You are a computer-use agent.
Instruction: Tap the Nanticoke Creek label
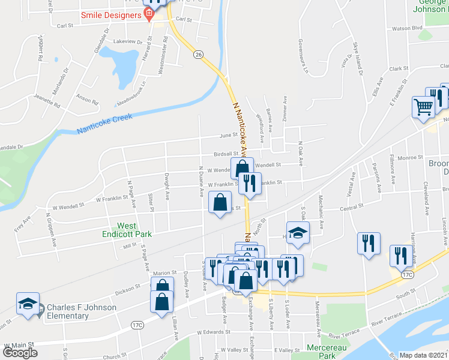104,124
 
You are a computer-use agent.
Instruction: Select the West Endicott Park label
134,229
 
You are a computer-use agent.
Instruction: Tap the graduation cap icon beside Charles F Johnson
28,304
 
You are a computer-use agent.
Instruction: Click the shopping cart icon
423,107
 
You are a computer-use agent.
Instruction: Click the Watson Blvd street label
408,28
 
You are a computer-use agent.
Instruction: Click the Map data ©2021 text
424,355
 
